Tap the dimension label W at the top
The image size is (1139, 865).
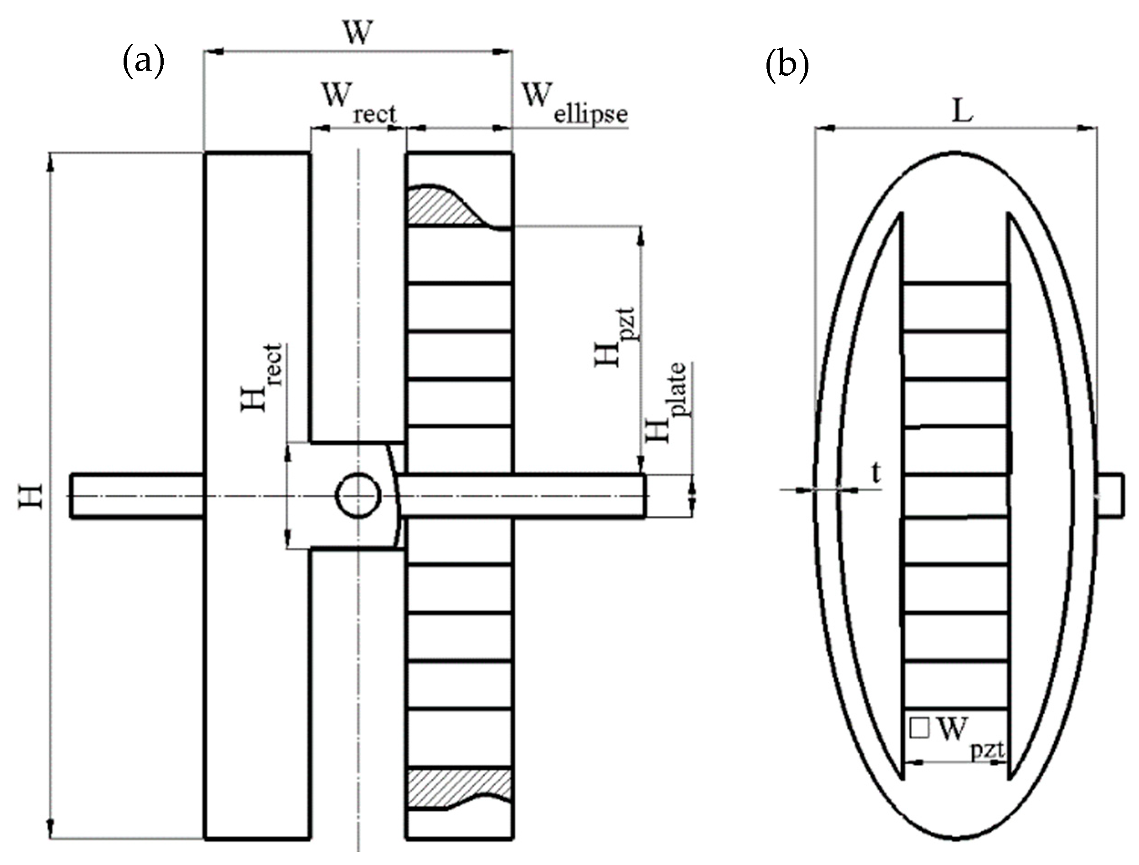click(357, 33)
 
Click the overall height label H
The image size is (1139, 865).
click(31, 496)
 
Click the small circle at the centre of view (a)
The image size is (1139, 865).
click(358, 496)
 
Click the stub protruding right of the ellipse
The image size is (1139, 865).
click(1111, 495)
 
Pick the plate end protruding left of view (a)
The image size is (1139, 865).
click(136, 495)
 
